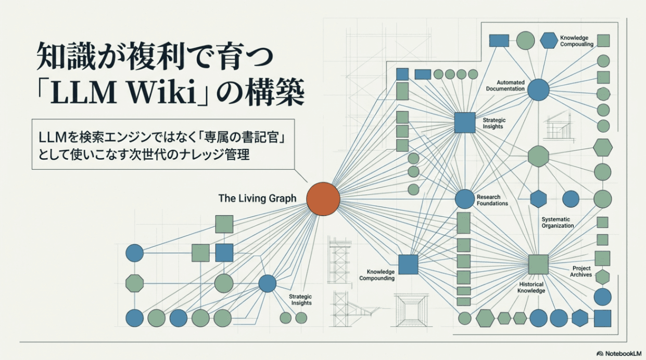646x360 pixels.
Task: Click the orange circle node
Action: click(323, 199)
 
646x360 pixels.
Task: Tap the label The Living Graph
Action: click(257, 198)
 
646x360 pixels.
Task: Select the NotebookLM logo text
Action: click(623, 353)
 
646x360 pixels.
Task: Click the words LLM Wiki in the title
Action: click(124, 92)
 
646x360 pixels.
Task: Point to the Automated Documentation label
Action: click(505, 86)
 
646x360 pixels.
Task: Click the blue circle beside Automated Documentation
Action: click(538, 90)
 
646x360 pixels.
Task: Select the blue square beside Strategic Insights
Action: click(465, 123)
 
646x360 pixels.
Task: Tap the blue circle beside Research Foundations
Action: click(465, 199)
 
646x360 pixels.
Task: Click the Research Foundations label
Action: click(492, 200)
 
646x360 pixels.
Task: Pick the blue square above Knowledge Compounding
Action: click(408, 264)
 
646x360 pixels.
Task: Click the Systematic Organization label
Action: click(558, 223)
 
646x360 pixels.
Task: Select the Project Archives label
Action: click(581, 272)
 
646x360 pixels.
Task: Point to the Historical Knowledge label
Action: click(531, 287)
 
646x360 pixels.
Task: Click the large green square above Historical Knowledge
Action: click(538, 264)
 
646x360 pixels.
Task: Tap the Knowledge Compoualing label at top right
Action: click(577, 41)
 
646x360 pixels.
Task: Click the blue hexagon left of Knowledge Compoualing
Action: click(549, 41)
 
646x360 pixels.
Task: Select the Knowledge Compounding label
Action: click(377, 275)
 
